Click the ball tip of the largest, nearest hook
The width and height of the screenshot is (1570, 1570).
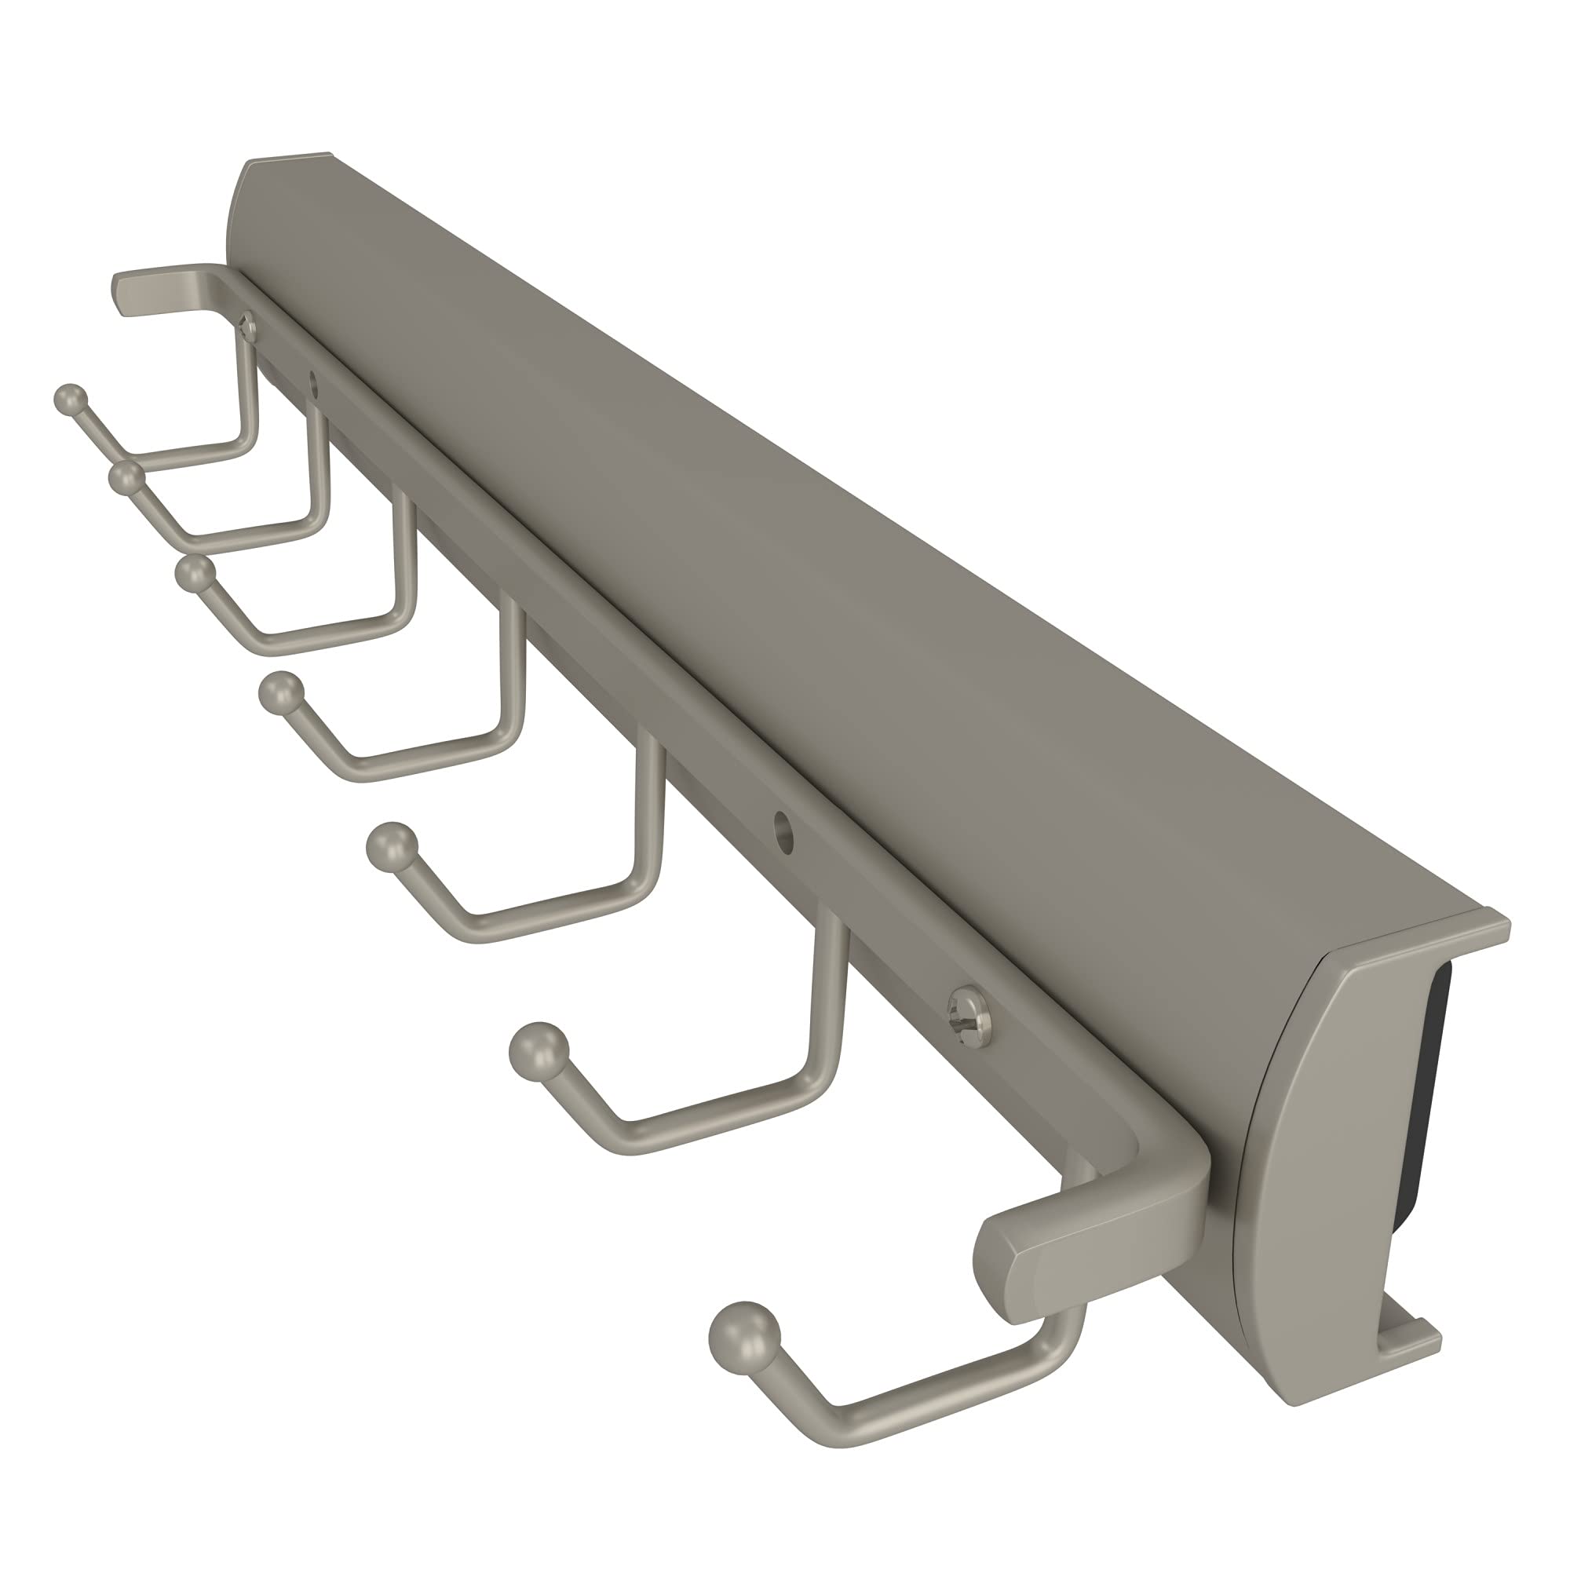coord(743,1333)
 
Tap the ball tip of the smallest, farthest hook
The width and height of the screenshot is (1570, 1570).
coord(70,398)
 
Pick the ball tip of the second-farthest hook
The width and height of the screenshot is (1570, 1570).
coord(124,478)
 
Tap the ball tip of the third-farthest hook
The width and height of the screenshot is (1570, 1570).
coord(192,574)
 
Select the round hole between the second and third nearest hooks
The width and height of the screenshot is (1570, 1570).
coord(783,831)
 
